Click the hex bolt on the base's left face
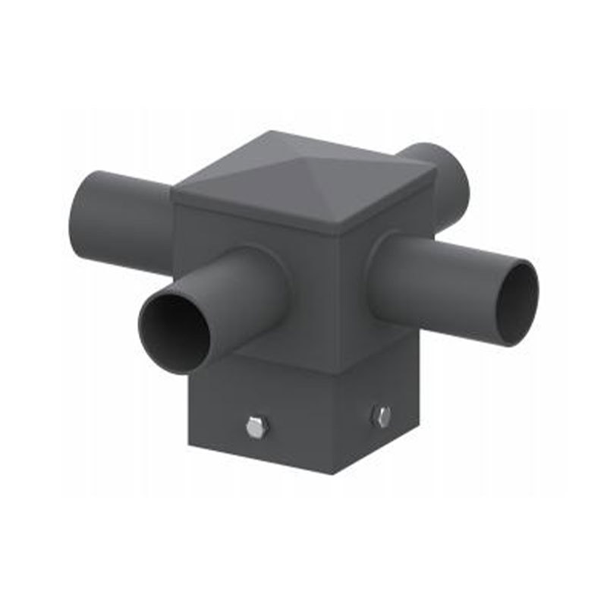pyautogui.click(x=257, y=427)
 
